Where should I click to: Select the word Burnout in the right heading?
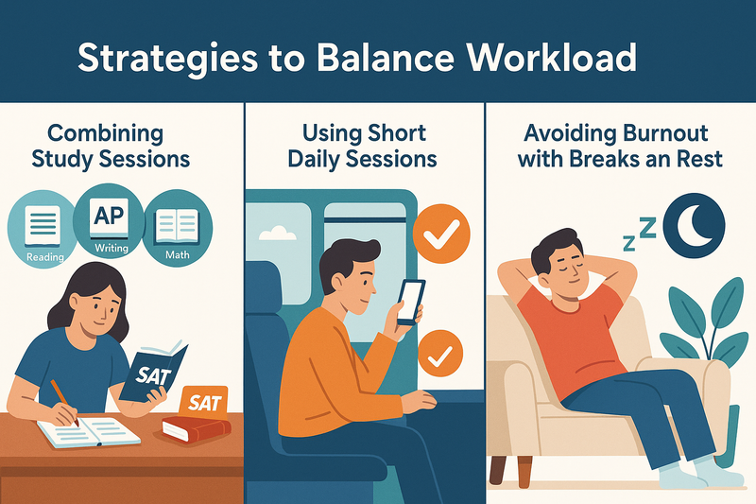(x=665, y=133)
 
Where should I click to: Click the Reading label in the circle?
(x=44, y=257)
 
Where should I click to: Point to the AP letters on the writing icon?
(x=109, y=215)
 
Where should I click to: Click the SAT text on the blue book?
(x=153, y=375)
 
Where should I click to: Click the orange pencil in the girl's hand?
(x=64, y=402)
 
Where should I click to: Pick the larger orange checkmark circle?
(x=441, y=234)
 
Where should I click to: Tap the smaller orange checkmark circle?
(x=440, y=354)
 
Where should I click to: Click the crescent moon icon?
(x=695, y=226)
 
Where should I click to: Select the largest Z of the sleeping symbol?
(x=648, y=228)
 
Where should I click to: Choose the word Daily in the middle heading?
(x=315, y=160)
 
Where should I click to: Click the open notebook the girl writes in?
(x=89, y=431)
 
